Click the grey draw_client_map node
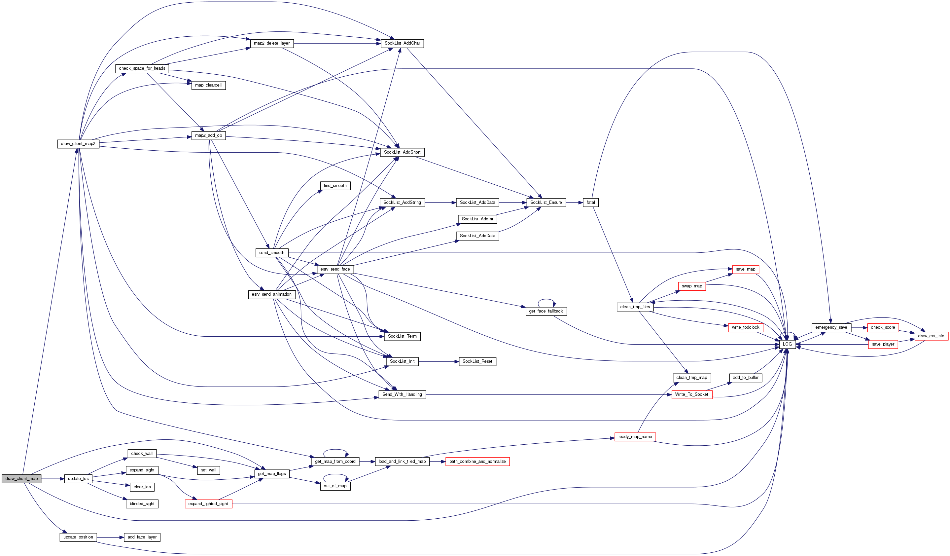(x=21, y=479)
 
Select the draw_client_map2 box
(x=78, y=144)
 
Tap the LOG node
(x=787, y=344)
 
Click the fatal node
(x=590, y=203)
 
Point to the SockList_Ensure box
(x=546, y=203)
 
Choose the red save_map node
(x=745, y=269)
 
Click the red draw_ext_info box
(x=931, y=336)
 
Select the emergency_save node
(x=831, y=327)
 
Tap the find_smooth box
(x=335, y=186)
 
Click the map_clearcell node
(x=208, y=85)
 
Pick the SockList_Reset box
(x=477, y=361)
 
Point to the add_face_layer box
(x=142, y=537)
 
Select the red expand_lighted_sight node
(x=208, y=503)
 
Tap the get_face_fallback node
(x=545, y=311)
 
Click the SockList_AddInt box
(x=477, y=219)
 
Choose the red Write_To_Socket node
(x=691, y=394)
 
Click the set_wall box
(x=208, y=470)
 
